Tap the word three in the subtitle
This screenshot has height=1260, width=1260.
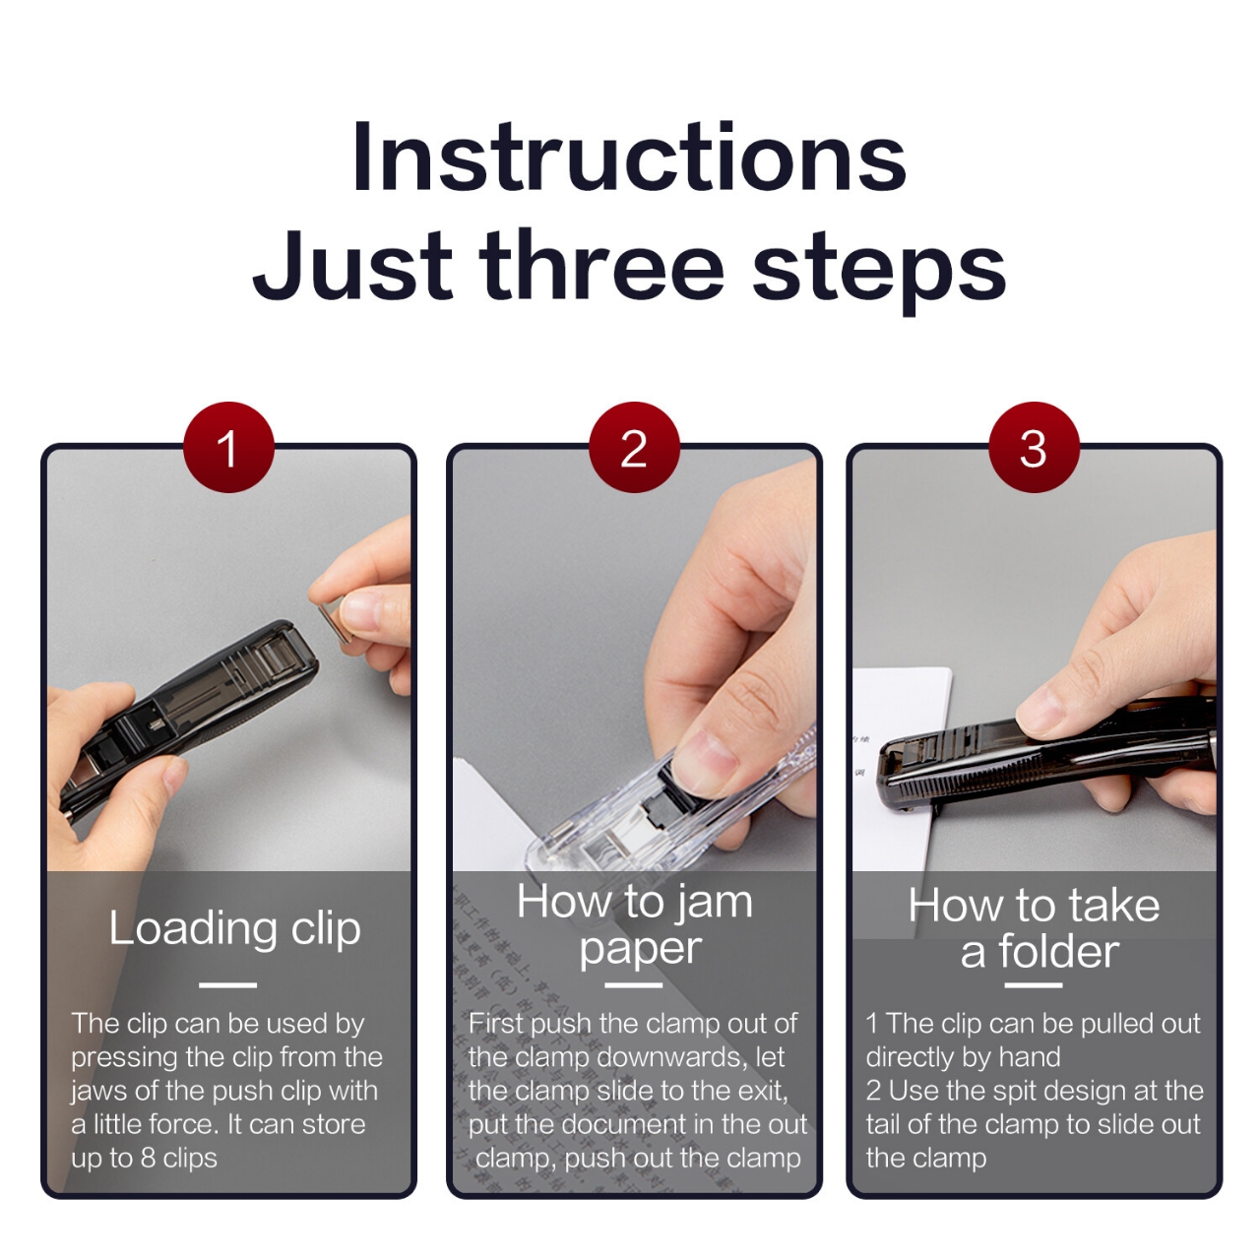602,266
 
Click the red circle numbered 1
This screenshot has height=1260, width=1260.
227,448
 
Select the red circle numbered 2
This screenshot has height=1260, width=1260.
634,448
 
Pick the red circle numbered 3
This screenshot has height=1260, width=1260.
1034,448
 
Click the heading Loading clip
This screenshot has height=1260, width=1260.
234,927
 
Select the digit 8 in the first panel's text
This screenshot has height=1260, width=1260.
148,1158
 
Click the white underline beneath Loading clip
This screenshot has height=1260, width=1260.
227,983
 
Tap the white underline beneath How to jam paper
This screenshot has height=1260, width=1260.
633,983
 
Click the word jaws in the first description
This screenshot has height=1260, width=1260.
96,1091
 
